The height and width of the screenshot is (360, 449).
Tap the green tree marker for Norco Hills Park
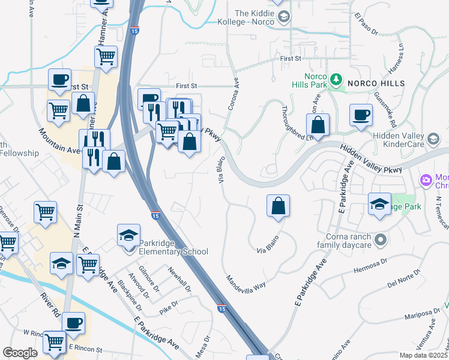click(337, 79)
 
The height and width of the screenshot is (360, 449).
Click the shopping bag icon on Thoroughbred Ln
click(318, 125)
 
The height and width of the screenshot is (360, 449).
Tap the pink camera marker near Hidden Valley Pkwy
click(426, 179)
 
